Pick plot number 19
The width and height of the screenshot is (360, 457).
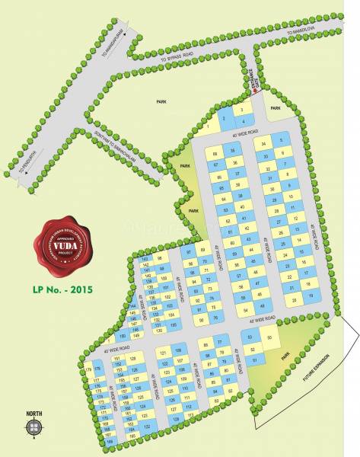pyautogui.click(x=310, y=295)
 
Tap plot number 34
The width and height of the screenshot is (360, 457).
pyautogui.click(x=264, y=143)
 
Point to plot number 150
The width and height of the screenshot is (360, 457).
pyautogui.click(x=123, y=337)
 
